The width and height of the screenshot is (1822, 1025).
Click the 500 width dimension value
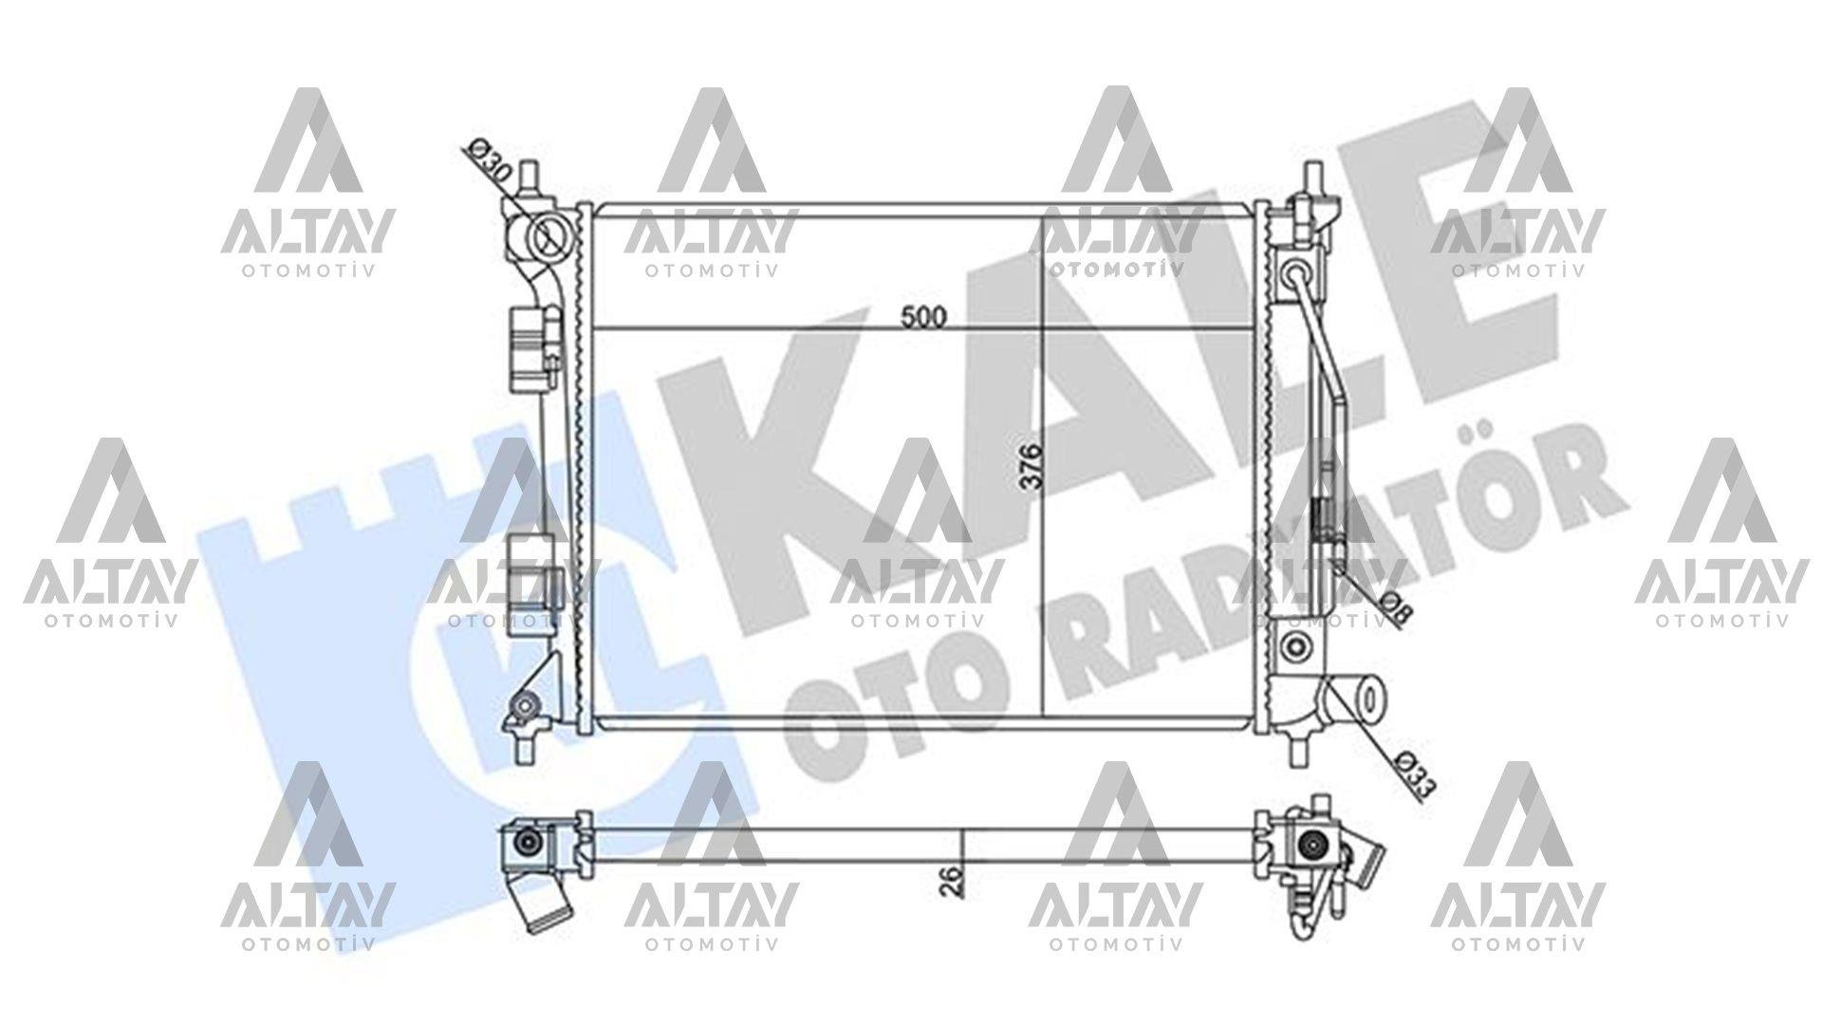tap(923, 317)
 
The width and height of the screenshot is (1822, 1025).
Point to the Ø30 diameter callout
tap(492, 160)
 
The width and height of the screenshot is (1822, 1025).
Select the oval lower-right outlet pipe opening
tap(1368, 699)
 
